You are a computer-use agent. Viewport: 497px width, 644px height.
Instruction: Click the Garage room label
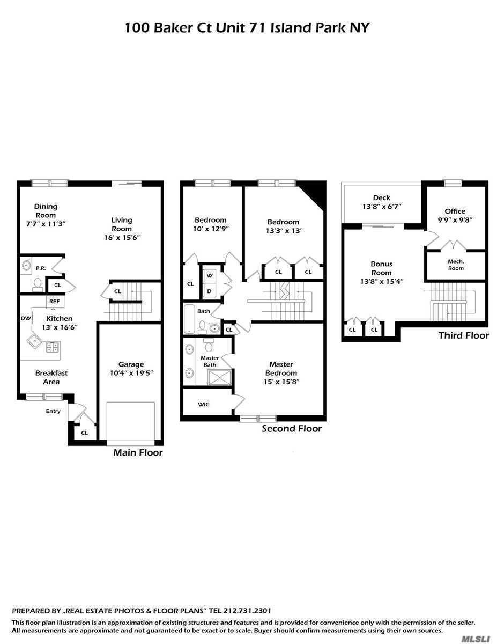pos(131,364)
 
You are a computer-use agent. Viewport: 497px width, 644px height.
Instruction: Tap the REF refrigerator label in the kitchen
pos(54,302)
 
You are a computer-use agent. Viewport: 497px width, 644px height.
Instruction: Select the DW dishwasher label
pos(25,318)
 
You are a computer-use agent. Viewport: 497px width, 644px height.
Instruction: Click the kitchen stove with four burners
pos(53,347)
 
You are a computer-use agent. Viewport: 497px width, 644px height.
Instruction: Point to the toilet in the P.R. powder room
pos(38,283)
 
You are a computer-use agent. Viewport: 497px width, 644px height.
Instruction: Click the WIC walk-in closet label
pos(204,404)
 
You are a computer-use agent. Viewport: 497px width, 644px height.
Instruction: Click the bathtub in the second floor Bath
pos(190,319)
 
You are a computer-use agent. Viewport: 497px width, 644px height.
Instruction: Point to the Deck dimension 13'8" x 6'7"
pos(382,206)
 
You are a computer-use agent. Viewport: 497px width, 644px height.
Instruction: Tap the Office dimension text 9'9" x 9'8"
pos(455,219)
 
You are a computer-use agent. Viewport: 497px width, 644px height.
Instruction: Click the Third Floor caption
pos(463,335)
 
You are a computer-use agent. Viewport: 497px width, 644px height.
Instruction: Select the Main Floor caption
pos(138,453)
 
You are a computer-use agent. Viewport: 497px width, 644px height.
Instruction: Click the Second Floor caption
pos(292,429)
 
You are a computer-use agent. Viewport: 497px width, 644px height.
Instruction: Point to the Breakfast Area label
pos(51,377)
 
